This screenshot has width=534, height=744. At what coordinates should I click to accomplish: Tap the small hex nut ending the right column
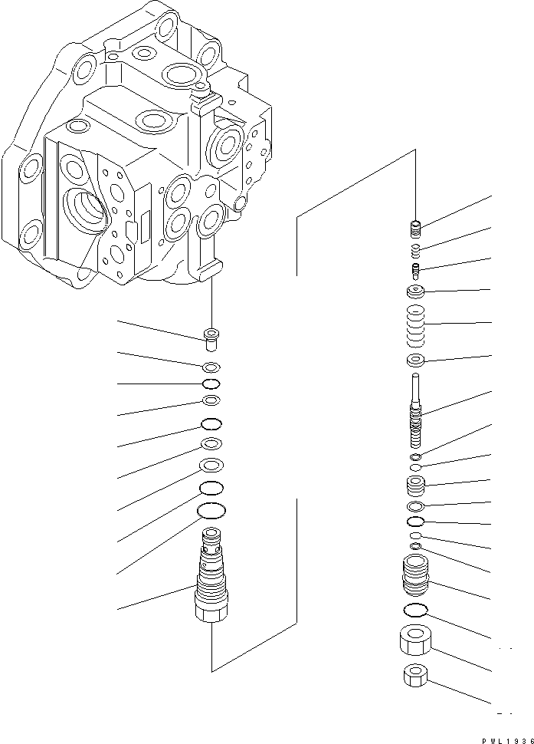point(414,676)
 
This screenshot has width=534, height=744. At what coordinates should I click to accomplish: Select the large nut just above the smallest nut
point(414,640)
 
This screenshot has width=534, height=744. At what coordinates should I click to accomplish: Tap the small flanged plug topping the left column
point(211,337)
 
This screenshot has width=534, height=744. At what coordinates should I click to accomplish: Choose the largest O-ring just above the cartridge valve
point(211,510)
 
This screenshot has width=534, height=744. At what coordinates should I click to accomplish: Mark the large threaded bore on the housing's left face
point(85,209)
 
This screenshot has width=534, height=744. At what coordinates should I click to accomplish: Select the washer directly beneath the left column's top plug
point(211,366)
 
